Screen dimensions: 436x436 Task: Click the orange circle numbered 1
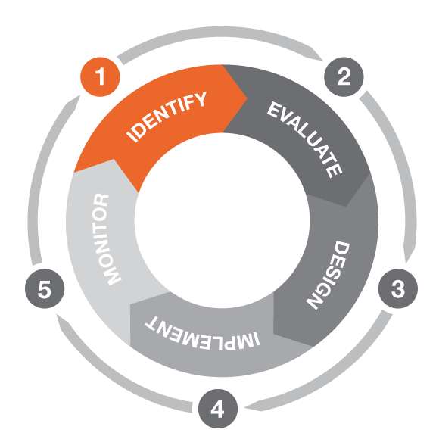[100, 76]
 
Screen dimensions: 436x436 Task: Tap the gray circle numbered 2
[344, 76]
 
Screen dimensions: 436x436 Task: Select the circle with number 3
[398, 288]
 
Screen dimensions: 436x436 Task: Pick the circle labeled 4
[218, 409]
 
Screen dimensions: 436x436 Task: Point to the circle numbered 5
[45, 288]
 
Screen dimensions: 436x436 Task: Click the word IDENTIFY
[167, 117]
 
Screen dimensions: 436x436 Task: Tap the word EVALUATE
[305, 139]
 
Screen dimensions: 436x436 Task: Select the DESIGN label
[328, 276]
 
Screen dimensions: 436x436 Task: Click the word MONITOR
[107, 239]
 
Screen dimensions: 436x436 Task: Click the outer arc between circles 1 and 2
[220, 32]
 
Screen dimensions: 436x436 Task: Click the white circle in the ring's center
[222, 220]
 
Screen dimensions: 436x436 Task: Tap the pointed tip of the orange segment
[248, 98]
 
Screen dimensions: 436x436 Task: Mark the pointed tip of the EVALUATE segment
[346, 207]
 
